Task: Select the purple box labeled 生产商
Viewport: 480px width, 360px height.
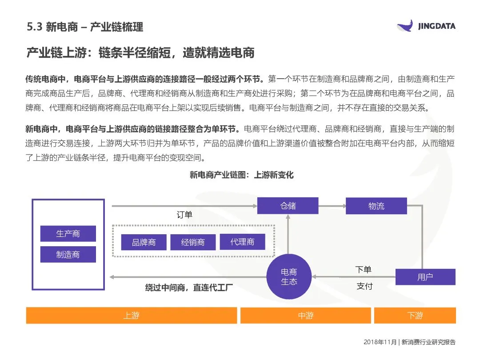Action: click(x=68, y=233)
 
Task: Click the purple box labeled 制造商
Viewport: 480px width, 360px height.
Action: click(x=68, y=254)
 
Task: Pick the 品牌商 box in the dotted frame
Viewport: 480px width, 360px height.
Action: click(x=144, y=242)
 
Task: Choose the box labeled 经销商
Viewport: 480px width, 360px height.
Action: click(x=193, y=242)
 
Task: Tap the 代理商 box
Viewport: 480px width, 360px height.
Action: click(x=242, y=242)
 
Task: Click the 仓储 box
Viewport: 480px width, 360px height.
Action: click(x=288, y=206)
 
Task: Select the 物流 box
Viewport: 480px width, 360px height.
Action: click(x=376, y=206)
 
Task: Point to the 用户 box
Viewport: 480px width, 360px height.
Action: click(x=425, y=277)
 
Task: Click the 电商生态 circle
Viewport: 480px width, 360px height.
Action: click(x=289, y=276)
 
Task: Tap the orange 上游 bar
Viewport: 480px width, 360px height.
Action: click(x=131, y=316)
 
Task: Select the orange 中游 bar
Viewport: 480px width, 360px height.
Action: click(x=305, y=316)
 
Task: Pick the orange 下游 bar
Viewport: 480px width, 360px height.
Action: click(x=415, y=316)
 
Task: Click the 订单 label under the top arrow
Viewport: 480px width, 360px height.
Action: click(x=184, y=215)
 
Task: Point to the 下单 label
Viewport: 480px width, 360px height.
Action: click(x=363, y=270)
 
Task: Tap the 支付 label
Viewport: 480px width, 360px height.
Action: click(x=364, y=286)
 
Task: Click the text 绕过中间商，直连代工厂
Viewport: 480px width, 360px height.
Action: click(x=189, y=288)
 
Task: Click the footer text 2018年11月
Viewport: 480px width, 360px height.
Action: click(x=380, y=342)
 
